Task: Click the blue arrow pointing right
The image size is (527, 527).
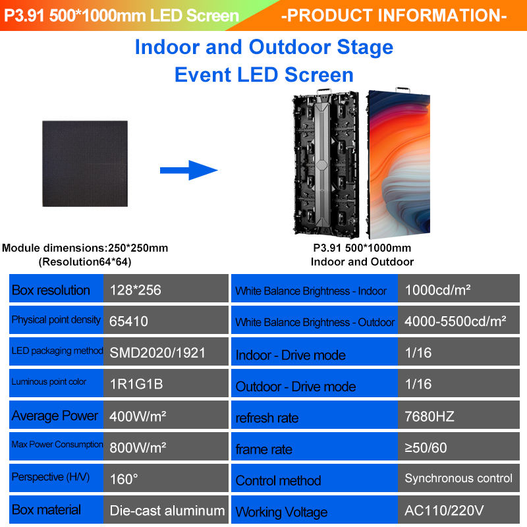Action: click(188, 171)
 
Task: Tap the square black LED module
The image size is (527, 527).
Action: click(86, 163)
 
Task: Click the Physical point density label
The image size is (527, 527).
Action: click(56, 320)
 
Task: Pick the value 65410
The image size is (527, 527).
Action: click(130, 321)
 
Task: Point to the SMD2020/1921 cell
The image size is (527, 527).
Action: click(158, 352)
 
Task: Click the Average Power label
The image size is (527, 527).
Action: click(55, 416)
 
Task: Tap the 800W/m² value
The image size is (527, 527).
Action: click(138, 447)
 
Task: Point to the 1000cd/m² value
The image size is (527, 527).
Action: click(437, 290)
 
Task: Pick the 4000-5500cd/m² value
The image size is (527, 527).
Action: click(455, 321)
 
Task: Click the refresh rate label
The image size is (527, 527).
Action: click(267, 418)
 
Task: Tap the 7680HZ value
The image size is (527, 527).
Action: click(430, 416)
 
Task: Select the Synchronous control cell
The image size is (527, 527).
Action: click(458, 478)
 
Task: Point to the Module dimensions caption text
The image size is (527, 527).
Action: click(85, 248)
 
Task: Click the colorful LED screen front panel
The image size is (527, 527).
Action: click(398, 165)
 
